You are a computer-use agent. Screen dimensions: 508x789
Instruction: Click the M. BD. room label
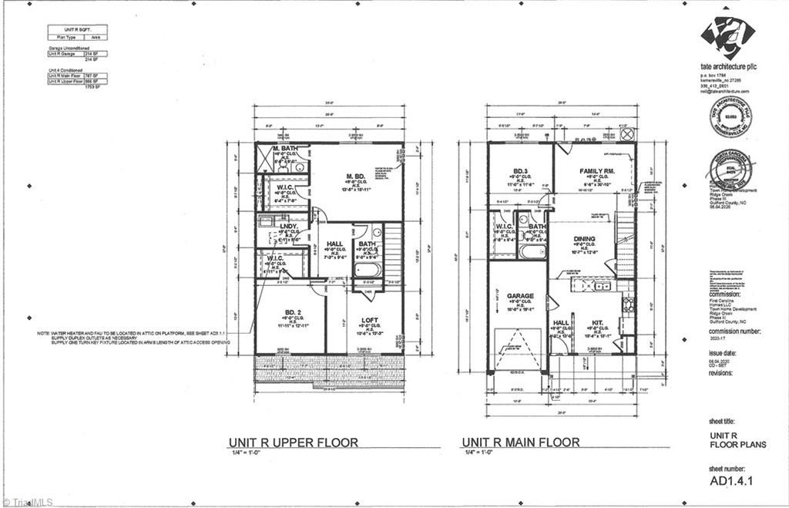coord(354,175)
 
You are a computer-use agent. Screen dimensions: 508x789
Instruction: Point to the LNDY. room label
coord(289,227)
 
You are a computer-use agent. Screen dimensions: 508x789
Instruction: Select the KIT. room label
coord(598,324)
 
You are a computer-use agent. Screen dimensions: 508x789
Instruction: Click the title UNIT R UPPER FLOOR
coord(293,442)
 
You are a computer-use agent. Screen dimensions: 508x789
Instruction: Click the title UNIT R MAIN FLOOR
coord(520,442)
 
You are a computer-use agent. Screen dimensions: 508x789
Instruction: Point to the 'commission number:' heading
coord(729,329)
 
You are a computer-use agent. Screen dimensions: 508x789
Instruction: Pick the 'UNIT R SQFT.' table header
coord(76,29)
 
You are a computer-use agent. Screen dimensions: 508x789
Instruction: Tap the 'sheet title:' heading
coord(722,422)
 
